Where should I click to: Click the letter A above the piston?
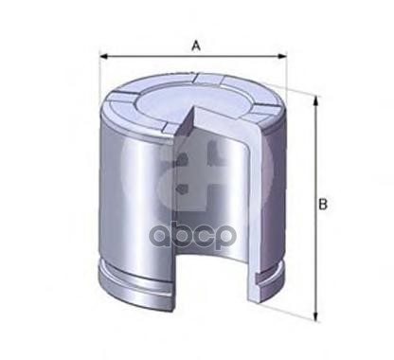click(x=196, y=46)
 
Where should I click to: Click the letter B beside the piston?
click(x=323, y=205)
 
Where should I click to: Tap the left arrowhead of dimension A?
click(x=103, y=57)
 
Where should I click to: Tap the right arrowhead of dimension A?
click(x=282, y=57)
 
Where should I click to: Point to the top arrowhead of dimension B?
click(x=315, y=101)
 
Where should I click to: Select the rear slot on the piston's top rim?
click(x=207, y=79)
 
